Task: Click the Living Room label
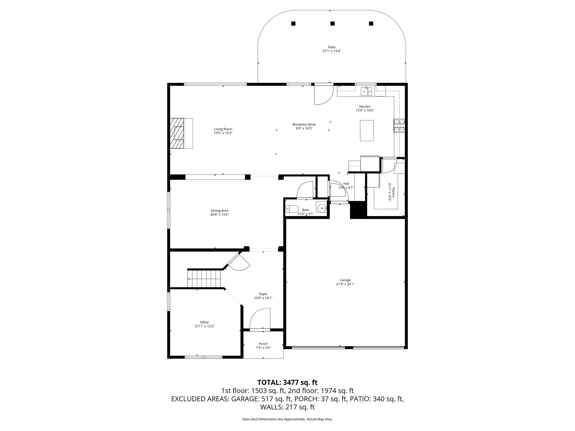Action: click(x=223, y=129)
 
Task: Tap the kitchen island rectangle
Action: click(x=367, y=130)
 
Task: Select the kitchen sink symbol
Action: click(x=366, y=91)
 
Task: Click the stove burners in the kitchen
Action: click(x=399, y=125)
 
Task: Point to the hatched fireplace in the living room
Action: click(x=177, y=133)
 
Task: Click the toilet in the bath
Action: click(x=292, y=209)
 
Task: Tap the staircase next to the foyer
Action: click(x=204, y=278)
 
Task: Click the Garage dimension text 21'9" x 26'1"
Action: click(x=345, y=284)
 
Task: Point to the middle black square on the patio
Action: click(x=332, y=24)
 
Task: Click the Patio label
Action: click(x=332, y=47)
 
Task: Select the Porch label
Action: click(x=263, y=344)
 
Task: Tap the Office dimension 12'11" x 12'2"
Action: click(x=204, y=326)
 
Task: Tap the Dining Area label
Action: click(x=219, y=211)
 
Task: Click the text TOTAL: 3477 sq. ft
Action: click(x=287, y=382)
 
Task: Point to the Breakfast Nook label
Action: click(x=304, y=124)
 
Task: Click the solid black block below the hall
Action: click(x=358, y=210)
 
